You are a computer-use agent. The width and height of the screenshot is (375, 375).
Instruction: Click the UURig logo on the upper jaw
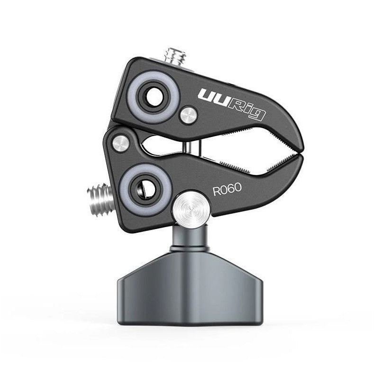(231, 104)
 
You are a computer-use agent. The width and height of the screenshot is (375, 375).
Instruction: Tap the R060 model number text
(227, 189)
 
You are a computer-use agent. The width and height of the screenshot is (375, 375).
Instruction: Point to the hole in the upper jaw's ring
(154, 97)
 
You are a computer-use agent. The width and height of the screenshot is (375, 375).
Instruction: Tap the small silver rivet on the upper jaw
(189, 116)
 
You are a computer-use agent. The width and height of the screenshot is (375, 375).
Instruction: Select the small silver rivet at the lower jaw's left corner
(121, 144)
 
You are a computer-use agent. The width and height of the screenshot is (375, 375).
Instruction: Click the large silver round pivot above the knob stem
(192, 209)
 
